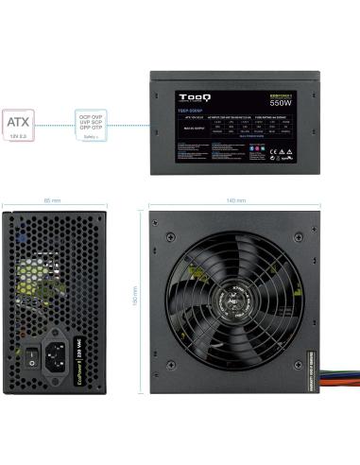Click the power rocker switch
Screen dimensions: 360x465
(30, 357)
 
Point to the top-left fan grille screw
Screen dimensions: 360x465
(172, 228)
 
